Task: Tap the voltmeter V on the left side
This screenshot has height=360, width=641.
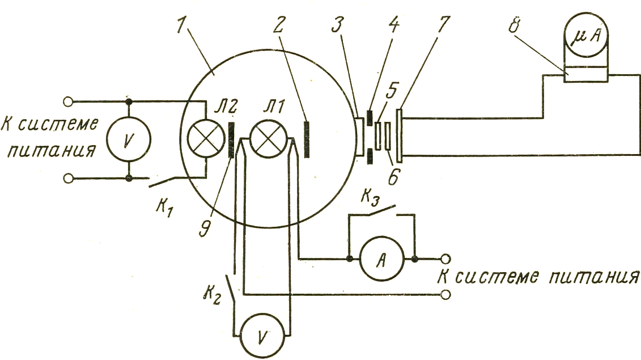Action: (128, 140)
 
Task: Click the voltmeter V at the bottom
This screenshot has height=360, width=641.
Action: (262, 337)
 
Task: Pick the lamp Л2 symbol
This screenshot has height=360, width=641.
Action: (206, 138)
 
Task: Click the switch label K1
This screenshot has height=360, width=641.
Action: (164, 208)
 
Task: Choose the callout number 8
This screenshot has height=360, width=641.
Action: (513, 27)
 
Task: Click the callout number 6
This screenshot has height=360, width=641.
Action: (392, 177)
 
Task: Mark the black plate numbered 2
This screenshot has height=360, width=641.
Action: (307, 139)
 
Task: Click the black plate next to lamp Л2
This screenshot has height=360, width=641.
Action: (231, 140)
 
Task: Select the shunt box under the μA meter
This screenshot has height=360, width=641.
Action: (585, 74)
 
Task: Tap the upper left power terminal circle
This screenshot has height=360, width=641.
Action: (68, 101)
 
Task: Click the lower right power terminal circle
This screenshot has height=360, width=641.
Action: (446, 294)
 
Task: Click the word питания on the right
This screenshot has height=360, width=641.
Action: (593, 277)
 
